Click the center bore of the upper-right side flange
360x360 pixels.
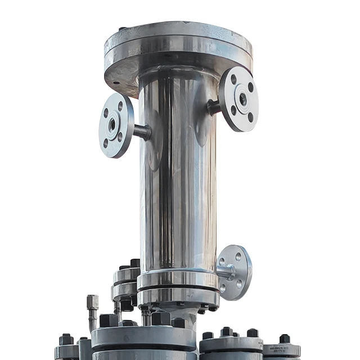(x=243, y=99)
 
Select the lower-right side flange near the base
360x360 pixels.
(x=235, y=272)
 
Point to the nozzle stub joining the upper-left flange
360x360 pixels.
(x=142, y=132)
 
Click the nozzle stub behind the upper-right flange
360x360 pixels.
(x=214, y=107)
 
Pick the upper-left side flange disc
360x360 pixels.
(x=116, y=125)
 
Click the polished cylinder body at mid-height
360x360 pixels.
(x=178, y=180)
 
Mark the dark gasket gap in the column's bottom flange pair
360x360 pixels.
(x=178, y=290)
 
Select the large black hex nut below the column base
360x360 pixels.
(x=161, y=318)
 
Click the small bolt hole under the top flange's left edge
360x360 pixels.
(x=116, y=83)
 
